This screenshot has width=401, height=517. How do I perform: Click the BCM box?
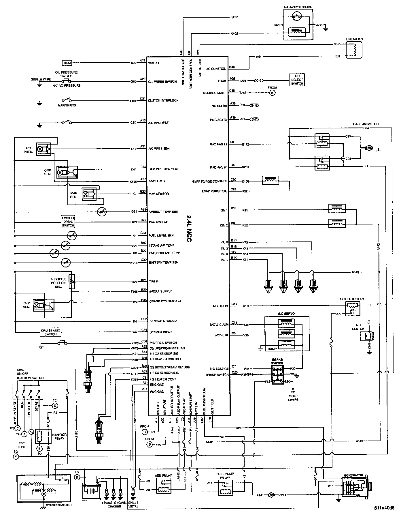click(67, 63)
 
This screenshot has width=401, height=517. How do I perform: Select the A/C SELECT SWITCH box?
click(297, 80)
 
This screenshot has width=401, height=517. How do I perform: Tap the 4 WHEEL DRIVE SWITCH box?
click(68, 222)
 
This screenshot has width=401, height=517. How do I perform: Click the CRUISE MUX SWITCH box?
click(50, 332)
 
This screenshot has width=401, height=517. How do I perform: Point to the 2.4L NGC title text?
click(188, 228)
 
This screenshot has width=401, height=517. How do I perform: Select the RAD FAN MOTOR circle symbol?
click(369, 148)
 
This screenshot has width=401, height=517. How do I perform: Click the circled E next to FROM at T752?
click(272, 93)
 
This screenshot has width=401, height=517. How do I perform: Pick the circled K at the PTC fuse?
click(16, 456)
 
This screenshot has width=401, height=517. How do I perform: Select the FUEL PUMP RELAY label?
click(225, 475)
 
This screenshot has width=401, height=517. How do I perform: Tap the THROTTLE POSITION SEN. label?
click(58, 283)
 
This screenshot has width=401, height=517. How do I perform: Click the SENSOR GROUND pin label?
click(163, 321)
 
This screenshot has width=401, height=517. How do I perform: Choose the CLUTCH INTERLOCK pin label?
click(163, 100)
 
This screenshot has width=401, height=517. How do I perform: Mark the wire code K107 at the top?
click(234, 17)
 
